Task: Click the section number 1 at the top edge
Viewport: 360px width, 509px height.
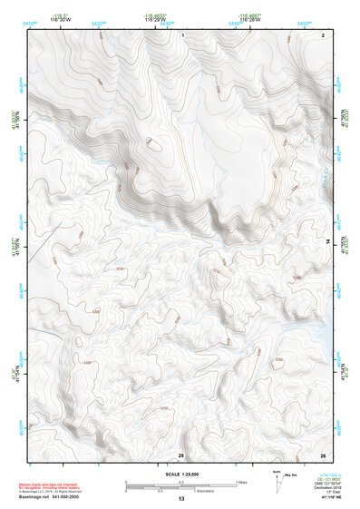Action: pos(183,34)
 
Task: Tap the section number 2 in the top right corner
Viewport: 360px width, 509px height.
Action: pos(323,34)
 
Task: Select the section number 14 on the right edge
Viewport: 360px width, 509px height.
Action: pos(327,241)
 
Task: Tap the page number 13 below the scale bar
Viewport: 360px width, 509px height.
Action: pos(180,499)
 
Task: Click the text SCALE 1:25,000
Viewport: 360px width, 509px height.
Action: pos(180,474)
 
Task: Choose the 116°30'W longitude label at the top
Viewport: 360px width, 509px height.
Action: pos(63,20)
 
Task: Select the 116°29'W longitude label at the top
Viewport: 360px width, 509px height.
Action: pos(155,20)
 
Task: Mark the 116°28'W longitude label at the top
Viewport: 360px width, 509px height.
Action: pos(248,20)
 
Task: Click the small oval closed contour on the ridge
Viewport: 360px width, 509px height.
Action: pos(154,142)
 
